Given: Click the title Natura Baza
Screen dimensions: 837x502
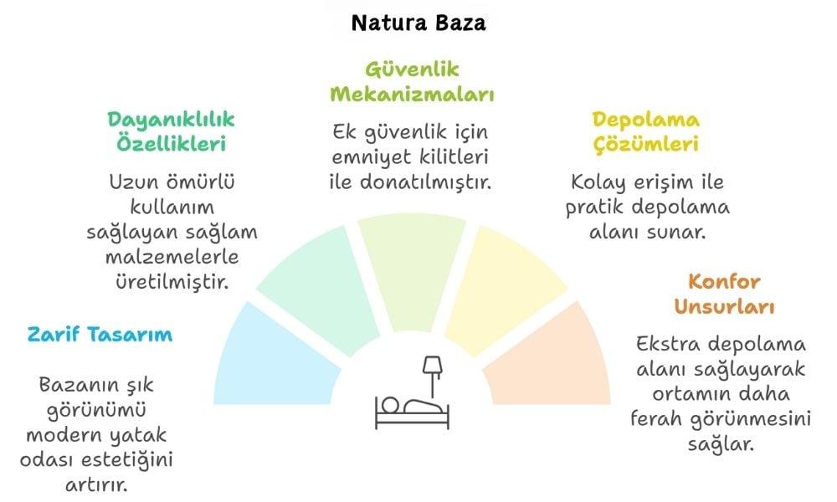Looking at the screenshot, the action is pyautogui.click(x=418, y=23).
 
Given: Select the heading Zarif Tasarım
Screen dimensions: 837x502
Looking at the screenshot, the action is pyautogui.click(x=100, y=335).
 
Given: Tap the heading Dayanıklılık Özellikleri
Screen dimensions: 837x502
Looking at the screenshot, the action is pyautogui.click(x=172, y=131).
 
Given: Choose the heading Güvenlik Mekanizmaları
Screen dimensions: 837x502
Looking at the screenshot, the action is pyautogui.click(x=412, y=82).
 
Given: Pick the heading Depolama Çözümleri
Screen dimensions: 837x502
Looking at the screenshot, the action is pyautogui.click(x=646, y=132).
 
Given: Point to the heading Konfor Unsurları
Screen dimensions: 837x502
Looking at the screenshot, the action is pyautogui.click(x=724, y=294).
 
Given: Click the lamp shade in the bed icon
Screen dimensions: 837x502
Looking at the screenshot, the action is pyautogui.click(x=433, y=366).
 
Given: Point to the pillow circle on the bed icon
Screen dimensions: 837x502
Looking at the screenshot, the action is pyautogui.click(x=390, y=405).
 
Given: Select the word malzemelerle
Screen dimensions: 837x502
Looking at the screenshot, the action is pyautogui.click(x=172, y=257).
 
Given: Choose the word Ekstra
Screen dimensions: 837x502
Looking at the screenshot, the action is pyautogui.click(x=668, y=344).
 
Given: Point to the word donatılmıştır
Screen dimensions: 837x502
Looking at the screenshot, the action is pyautogui.click(x=425, y=182).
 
